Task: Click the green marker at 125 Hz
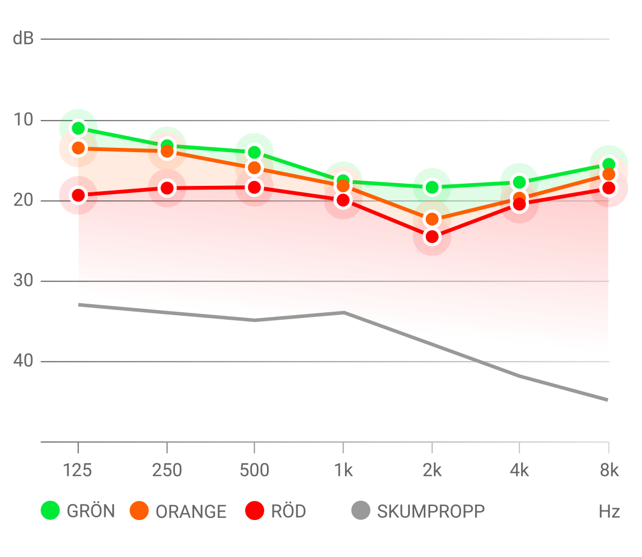[79, 128]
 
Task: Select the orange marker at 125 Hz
[79, 147]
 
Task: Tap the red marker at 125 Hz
[79, 195]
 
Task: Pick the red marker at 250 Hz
[167, 189]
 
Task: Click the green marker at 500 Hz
[254, 152]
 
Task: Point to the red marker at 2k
[432, 237]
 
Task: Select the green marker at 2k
[432, 187]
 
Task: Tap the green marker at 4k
[519, 182]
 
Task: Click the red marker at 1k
[343, 200]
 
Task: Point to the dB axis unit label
[23, 39]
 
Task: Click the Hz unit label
[609, 511]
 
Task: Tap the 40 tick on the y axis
[24, 361]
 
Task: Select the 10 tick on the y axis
[24, 119]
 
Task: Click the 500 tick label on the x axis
[254, 470]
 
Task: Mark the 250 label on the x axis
[167, 470]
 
